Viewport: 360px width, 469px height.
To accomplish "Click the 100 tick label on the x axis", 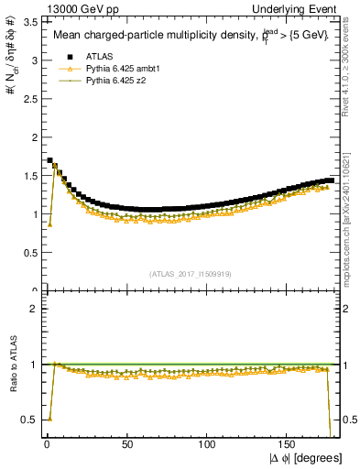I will [209, 443].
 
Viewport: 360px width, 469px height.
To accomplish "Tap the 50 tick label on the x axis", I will [127, 443].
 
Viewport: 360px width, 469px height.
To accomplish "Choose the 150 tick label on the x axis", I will [289, 443].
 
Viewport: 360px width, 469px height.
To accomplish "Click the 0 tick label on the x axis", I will [47, 443].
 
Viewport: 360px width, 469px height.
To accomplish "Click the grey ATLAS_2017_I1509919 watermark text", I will [191, 273].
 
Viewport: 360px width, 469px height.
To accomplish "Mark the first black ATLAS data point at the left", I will [49, 160].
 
